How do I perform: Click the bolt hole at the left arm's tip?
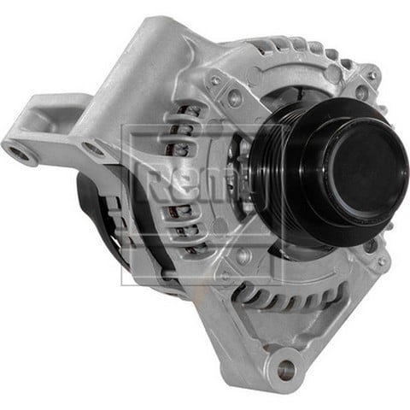20,154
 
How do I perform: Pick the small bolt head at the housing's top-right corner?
372,75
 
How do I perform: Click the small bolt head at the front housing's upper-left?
218,81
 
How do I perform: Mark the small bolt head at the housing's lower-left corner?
224,275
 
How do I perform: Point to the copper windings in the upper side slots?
181,128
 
